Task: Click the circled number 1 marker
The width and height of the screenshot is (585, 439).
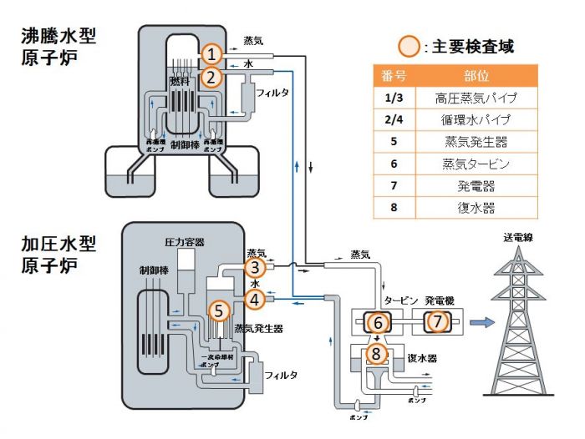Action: tap(212, 54)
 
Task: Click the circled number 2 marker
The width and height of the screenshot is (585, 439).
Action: tap(212, 78)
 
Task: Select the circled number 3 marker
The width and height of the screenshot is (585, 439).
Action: tap(255, 268)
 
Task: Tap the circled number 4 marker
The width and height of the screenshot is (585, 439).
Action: tap(255, 296)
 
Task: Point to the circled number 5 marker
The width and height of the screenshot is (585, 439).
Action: tap(219, 310)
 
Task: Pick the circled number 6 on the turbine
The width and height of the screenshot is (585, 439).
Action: tap(378, 320)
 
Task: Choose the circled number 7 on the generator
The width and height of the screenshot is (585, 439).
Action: tap(436, 320)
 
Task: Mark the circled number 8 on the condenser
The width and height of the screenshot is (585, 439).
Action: tap(378, 355)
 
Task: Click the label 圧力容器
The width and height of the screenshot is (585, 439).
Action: tap(184, 242)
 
